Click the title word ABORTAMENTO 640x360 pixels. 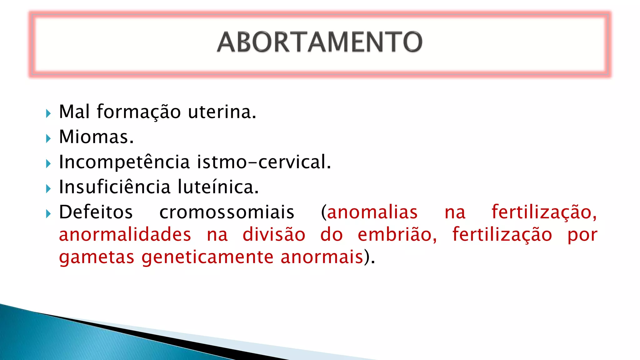click(x=320, y=42)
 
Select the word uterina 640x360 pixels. click(x=222, y=112)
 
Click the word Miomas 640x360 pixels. click(x=96, y=137)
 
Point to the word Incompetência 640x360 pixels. click(x=124, y=162)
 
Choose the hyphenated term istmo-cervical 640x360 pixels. click(x=264, y=162)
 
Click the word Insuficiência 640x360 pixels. click(x=115, y=187)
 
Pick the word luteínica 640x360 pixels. click(x=218, y=187)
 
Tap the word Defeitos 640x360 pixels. click(x=96, y=212)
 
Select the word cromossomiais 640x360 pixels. click(x=227, y=212)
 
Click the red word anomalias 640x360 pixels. click(x=372, y=212)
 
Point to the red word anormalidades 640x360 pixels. click(x=125, y=235)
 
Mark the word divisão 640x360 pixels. click(x=274, y=235)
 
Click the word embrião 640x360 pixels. click(x=397, y=235)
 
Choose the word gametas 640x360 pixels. click(x=97, y=257)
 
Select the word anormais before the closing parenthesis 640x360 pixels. click(x=322, y=257)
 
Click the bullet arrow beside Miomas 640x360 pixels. click(x=48, y=138)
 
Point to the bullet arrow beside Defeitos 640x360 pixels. click(x=48, y=214)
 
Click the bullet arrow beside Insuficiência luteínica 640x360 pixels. click(x=48, y=188)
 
